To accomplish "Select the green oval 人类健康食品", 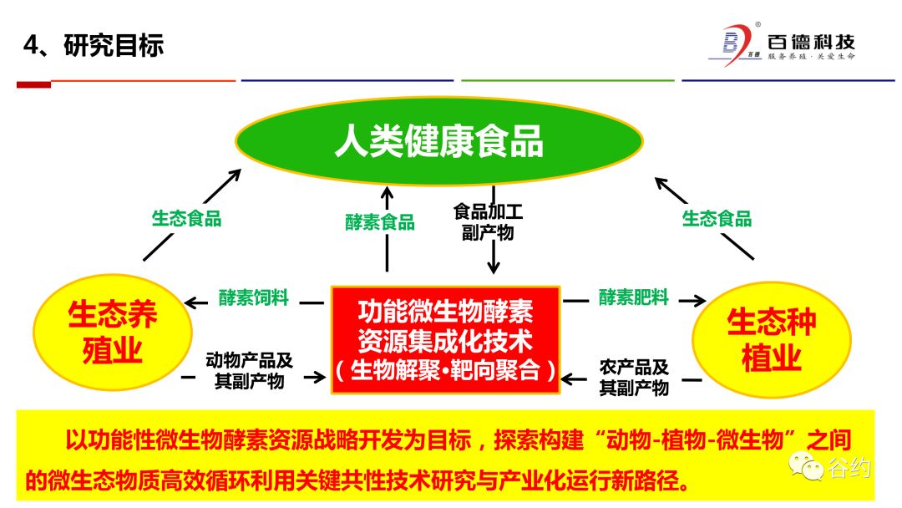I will [439, 141].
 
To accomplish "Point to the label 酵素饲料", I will [254, 297].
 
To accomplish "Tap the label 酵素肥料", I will [633, 297].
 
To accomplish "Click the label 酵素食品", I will [380, 222].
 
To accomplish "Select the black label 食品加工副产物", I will [488, 222].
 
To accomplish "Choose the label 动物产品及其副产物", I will [249, 372].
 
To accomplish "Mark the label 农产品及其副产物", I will [634, 377].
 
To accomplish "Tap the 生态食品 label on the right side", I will [717, 219].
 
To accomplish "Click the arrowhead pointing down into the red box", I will [493, 268].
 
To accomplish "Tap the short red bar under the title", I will [34, 84].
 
